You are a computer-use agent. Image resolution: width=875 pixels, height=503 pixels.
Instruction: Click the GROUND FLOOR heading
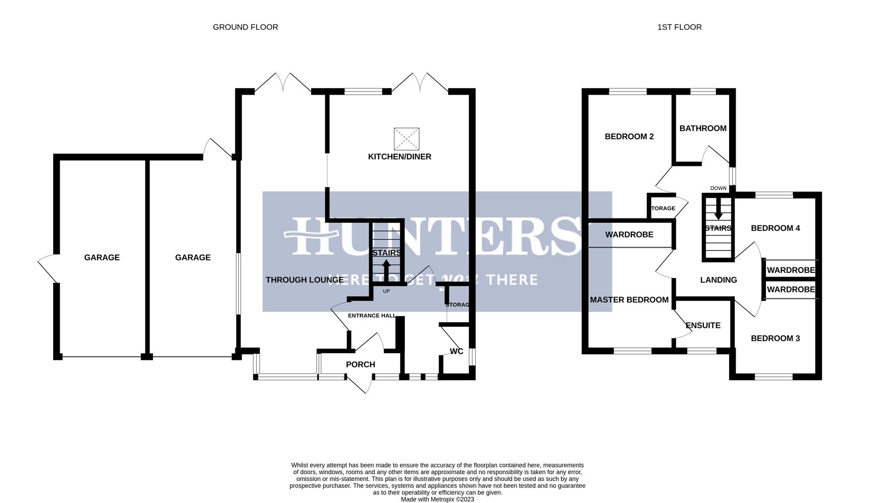(245, 27)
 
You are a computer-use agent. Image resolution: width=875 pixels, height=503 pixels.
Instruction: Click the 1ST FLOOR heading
(679, 27)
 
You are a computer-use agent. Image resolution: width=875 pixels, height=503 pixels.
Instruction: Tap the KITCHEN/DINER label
(399, 156)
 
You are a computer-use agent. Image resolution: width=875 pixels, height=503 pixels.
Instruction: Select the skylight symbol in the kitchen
(406, 139)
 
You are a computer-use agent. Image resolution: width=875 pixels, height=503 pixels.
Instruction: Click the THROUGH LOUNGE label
(304, 280)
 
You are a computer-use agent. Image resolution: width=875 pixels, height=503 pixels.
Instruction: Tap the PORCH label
(360, 364)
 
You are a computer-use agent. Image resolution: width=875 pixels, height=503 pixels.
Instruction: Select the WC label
(456, 351)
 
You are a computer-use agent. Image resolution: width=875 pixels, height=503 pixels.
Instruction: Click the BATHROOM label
(703, 128)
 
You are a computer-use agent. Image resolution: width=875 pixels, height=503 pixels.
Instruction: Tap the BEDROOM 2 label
(629, 136)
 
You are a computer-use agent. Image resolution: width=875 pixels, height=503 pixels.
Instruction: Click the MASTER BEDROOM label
(629, 300)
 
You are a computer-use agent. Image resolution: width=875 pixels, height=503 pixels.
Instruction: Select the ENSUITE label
(703, 325)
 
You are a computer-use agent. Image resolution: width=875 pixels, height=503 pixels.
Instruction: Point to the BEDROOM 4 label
(775, 228)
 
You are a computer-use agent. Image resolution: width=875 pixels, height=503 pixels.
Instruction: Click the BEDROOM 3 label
(775, 338)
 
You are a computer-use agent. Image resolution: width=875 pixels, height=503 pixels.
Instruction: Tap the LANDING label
(718, 280)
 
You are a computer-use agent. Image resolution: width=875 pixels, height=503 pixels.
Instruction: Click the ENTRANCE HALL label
(371, 315)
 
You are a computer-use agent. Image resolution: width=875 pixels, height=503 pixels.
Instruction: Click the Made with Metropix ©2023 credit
(437, 499)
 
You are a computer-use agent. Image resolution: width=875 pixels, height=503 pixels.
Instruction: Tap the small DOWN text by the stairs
(718, 188)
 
